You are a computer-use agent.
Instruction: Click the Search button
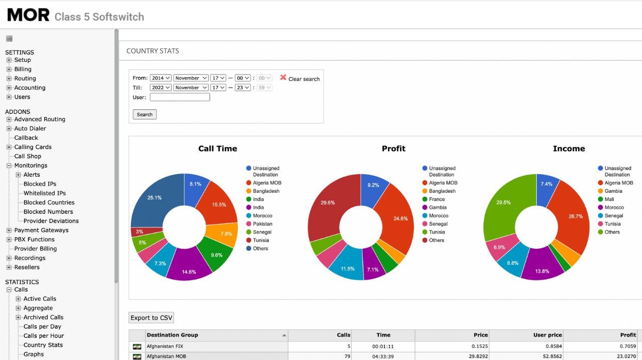pyautogui.click(x=144, y=114)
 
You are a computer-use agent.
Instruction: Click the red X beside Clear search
pyautogui.click(x=283, y=78)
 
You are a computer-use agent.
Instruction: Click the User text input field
pyautogui.click(x=180, y=97)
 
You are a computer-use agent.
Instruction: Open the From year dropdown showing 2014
pyautogui.click(x=160, y=78)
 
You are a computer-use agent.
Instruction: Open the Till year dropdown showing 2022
pyautogui.click(x=160, y=88)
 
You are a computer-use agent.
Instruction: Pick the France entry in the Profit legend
pyautogui.click(x=436, y=199)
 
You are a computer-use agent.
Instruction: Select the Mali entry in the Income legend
pyautogui.click(x=609, y=199)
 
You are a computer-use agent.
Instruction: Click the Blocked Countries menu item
pyautogui.click(x=49, y=202)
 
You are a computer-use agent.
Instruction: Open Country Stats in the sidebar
pyautogui.click(x=43, y=345)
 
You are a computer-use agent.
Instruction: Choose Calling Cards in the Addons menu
pyautogui.click(x=33, y=147)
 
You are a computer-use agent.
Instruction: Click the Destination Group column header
pyautogui.click(x=172, y=335)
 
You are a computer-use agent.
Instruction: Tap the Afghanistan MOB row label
pyautogui.click(x=166, y=356)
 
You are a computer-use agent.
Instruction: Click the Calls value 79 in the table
pyautogui.click(x=347, y=356)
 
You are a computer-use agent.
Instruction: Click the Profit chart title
pyautogui.click(x=393, y=149)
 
